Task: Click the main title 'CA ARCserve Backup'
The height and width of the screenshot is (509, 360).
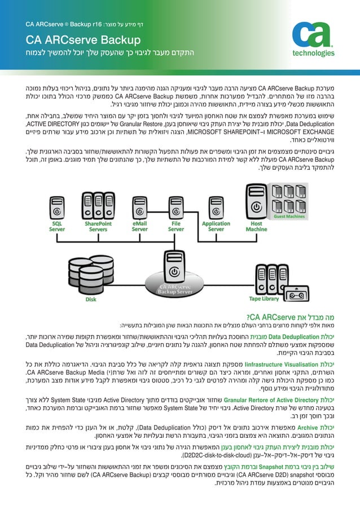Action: (x=83, y=40)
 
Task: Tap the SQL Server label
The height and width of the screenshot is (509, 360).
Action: (x=56, y=226)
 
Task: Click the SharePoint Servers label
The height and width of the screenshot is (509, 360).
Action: (x=98, y=226)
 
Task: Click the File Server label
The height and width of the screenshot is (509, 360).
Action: (x=175, y=226)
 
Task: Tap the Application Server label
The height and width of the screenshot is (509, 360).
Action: (x=216, y=226)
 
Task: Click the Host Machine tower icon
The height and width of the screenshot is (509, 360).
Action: (x=256, y=204)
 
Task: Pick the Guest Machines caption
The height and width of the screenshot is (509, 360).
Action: (x=289, y=216)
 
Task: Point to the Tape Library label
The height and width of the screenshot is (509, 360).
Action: (x=264, y=299)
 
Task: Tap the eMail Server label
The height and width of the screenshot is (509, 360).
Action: (x=140, y=226)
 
